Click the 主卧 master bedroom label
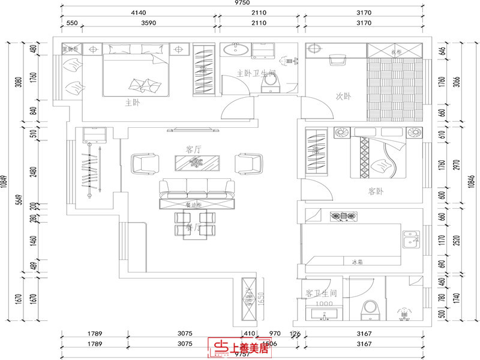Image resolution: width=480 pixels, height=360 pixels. (132, 101)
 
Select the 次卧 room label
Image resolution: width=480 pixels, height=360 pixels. (343, 96)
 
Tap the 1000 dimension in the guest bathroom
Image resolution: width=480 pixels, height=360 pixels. (324, 305)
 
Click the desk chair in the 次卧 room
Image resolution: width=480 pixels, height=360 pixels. (337, 59)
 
